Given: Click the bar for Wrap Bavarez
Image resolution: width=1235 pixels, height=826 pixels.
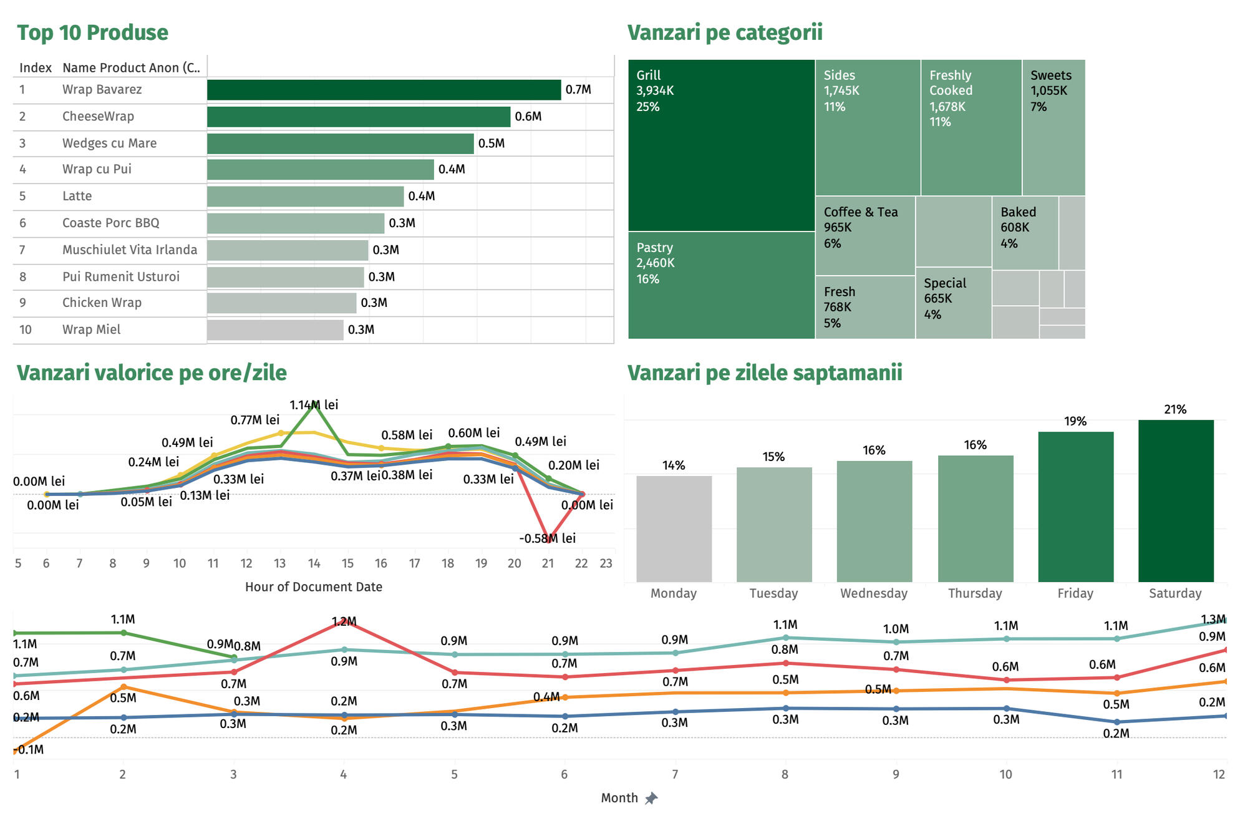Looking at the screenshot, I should point(384,90).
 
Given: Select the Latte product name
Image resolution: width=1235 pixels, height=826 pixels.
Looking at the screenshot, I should point(77,196).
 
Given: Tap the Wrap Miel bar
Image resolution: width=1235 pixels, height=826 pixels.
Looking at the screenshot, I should point(275,330).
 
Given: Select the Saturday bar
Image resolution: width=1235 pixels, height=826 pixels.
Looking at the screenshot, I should point(1176,501).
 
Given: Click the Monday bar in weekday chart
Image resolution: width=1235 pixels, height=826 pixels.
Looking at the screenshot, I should point(674,529).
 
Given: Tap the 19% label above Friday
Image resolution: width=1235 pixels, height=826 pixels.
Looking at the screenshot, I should point(1075,421).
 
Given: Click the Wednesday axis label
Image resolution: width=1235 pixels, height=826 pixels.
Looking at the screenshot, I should point(874,593).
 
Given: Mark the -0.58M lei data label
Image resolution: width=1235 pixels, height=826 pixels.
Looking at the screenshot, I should point(548,538).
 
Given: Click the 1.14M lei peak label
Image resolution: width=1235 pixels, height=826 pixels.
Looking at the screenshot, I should point(314,405).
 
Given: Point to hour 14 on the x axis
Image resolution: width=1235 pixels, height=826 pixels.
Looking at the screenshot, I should point(314,563).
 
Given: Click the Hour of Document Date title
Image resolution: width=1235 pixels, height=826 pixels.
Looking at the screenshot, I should point(313,587).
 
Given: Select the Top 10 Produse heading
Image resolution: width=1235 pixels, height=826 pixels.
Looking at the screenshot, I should point(92,32).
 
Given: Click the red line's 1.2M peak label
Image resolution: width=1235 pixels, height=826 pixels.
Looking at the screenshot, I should point(344,621).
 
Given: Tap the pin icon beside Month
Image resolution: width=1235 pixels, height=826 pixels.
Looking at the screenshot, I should point(651,798).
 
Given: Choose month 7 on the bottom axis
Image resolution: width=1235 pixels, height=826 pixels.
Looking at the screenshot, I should point(675,774).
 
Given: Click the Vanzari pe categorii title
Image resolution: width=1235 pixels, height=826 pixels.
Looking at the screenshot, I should point(725,32).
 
